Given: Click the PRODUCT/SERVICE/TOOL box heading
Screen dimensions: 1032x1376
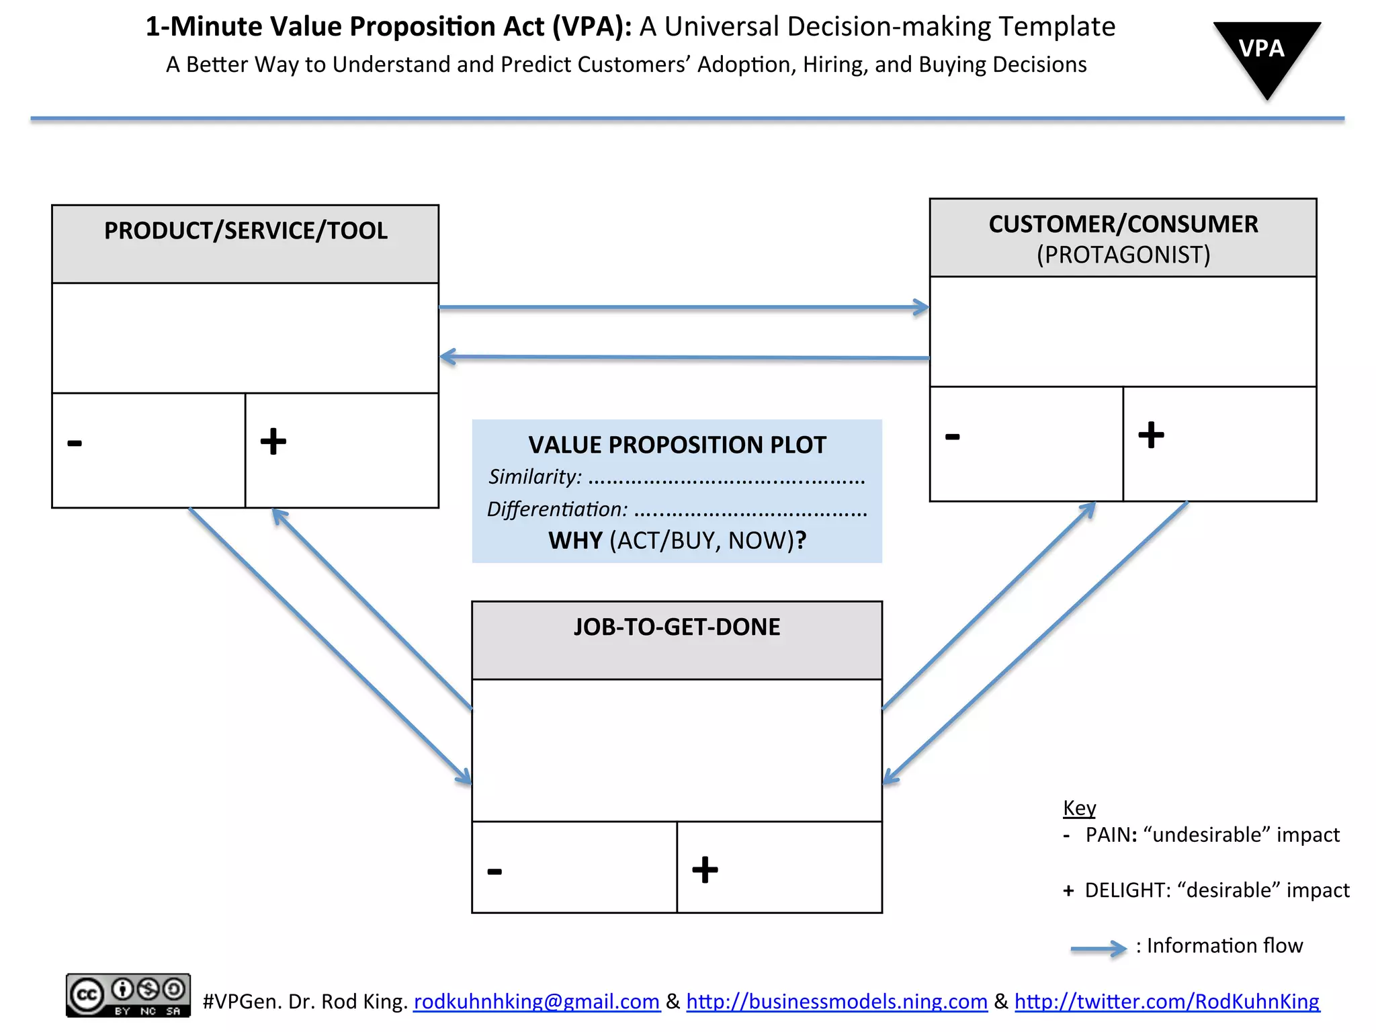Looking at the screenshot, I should pos(246,231).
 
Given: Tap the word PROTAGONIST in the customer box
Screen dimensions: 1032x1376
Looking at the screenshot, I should pos(1123,255).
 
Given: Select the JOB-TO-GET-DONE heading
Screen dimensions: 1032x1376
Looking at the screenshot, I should pos(677,628).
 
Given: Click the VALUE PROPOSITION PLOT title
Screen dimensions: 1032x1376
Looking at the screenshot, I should pos(677,445).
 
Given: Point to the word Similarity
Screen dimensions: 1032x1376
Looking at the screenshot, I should pos(535,477).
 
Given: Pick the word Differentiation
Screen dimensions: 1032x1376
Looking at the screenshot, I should pos(557,509).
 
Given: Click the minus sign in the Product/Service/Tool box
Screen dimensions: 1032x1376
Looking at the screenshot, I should pos(75,443).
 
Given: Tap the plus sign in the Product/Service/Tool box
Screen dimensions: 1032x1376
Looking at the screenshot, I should pos(273,441).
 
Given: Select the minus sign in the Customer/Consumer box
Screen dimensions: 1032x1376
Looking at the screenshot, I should pos(953,437).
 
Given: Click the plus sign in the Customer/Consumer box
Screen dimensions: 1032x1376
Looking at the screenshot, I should pos(1151,435).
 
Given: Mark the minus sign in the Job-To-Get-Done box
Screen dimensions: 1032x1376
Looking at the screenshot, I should pos(494,871).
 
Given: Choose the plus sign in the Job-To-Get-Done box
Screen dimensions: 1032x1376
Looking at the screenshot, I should pos(705,869).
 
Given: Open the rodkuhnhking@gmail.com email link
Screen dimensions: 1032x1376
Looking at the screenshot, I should pos(536,1002).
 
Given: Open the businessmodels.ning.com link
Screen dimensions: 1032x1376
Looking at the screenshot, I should pos(836,1002).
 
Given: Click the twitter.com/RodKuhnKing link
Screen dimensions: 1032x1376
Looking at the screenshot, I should pos(1166,1002).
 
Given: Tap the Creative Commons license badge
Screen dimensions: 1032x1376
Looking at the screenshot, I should pos(128,995).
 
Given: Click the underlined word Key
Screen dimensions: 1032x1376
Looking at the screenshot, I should pos(1079,808).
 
